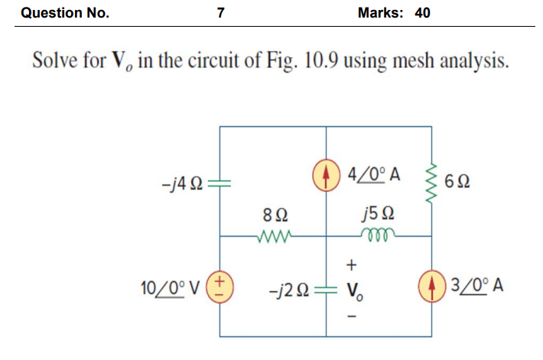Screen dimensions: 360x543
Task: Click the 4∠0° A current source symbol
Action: click(x=327, y=172)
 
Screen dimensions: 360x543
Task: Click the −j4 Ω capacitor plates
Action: click(x=219, y=183)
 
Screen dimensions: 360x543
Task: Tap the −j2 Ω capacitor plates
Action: click(x=327, y=290)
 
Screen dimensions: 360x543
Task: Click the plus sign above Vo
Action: click(x=352, y=265)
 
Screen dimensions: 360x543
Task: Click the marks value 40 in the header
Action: click(x=422, y=13)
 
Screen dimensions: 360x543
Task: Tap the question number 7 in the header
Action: click(x=221, y=13)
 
